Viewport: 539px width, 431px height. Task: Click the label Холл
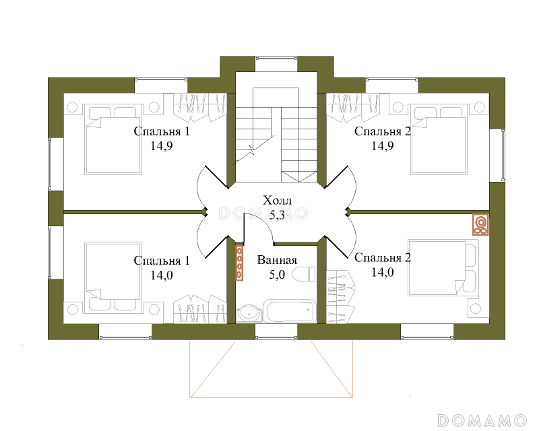277,201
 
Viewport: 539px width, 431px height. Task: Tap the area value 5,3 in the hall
277,215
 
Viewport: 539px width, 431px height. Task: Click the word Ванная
277,260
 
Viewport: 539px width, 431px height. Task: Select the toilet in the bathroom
304,274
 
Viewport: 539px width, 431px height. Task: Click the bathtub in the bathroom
290,311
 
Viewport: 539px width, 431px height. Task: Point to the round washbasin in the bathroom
249,313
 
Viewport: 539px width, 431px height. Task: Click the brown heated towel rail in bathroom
239,263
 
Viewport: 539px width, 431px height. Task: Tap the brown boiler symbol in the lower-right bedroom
480,224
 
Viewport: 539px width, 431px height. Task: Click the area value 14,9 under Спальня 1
162,146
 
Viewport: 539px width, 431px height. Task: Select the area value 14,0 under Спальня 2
383,273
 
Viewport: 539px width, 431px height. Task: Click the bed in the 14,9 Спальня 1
113,139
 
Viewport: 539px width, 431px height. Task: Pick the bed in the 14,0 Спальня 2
443,268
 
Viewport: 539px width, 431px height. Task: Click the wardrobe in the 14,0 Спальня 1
199,308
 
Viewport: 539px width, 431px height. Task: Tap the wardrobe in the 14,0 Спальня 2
340,297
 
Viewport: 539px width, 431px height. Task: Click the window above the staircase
276,64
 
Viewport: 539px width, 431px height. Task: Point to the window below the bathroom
276,332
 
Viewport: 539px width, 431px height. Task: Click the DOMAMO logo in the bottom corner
482,420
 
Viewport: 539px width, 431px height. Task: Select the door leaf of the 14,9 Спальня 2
336,177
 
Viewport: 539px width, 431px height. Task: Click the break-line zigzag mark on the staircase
252,150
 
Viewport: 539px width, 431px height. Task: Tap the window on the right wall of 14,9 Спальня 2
497,155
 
